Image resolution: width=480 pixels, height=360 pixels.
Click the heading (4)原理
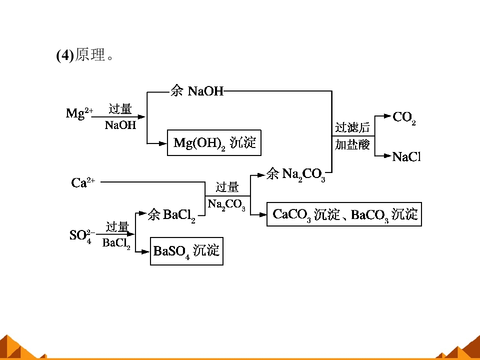[85, 55]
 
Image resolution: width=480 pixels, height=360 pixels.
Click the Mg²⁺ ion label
[79, 113]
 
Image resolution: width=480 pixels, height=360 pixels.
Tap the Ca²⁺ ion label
[83, 182]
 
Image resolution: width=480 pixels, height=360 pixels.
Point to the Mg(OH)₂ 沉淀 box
[214, 143]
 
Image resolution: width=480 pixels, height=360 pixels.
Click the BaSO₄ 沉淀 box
[186, 251]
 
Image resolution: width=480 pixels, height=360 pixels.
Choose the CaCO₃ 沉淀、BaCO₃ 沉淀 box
[344, 214]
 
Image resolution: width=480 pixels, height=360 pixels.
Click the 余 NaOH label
[197, 91]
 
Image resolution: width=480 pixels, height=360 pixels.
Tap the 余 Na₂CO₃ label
[295, 175]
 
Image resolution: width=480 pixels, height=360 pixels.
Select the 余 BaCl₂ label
[171, 215]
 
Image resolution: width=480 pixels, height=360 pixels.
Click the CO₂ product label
[404, 118]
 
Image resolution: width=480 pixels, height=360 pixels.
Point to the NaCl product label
[406, 156]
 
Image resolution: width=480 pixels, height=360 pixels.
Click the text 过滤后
[352, 127]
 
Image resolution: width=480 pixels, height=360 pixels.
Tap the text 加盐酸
[352, 144]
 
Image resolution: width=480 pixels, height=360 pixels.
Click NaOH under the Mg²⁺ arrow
[120, 125]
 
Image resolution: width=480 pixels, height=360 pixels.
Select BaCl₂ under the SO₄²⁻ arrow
[116, 243]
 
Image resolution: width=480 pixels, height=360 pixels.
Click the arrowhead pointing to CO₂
[387, 116]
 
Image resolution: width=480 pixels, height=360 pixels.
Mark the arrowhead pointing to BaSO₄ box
[145, 252]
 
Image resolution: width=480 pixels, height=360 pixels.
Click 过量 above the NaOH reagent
[120, 109]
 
